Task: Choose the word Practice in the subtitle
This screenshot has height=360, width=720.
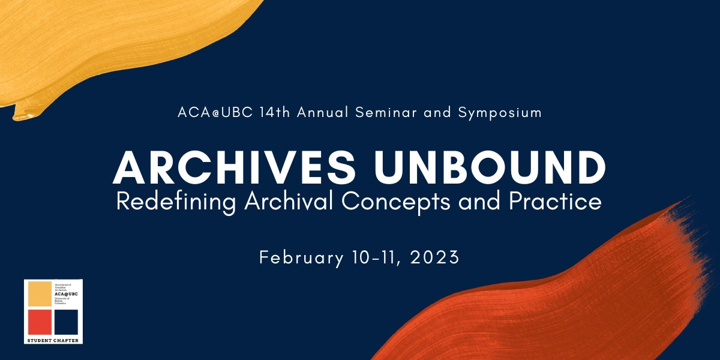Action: pos(555,202)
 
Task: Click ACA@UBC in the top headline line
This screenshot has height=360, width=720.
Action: pos(214,112)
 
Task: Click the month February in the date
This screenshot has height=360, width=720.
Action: pos(301,258)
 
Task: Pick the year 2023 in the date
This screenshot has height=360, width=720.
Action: pos(436,258)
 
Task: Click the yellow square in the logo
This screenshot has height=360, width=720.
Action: pos(40,293)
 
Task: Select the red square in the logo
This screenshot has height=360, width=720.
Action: pos(40,322)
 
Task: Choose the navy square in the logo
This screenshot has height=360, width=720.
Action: pos(66,322)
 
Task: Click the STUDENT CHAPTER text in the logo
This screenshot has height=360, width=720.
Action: pos(53,340)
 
